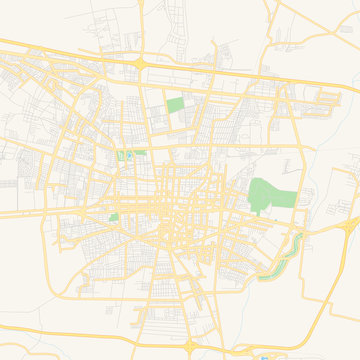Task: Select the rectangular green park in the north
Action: click(x=175, y=104)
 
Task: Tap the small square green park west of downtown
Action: click(x=113, y=217)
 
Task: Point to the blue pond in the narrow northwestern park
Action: click(x=127, y=155)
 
